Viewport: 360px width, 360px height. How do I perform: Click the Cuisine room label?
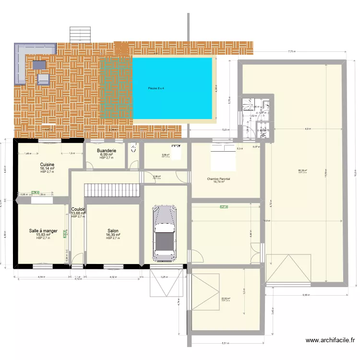pyautogui.click(x=47, y=165)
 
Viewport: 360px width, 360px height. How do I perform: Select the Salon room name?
pyautogui.click(x=113, y=231)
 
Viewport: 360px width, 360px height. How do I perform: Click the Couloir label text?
pyautogui.click(x=78, y=209)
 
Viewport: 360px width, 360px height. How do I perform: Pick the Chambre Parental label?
pyautogui.click(x=218, y=179)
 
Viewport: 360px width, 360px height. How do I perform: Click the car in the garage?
pyautogui.click(x=164, y=231)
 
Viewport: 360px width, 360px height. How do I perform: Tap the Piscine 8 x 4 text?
pyautogui.click(x=156, y=88)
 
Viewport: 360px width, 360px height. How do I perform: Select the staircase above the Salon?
pyautogui.click(x=112, y=190)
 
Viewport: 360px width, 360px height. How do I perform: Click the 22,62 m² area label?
pyautogui.click(x=225, y=299)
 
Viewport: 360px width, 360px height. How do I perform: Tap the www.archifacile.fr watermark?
pyautogui.click(x=330, y=341)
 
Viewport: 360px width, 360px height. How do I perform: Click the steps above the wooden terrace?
pyautogui.click(x=80, y=34)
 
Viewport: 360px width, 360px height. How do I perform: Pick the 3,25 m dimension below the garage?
pyautogui.click(x=164, y=277)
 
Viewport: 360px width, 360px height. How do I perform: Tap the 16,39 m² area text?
pyautogui.click(x=113, y=235)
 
